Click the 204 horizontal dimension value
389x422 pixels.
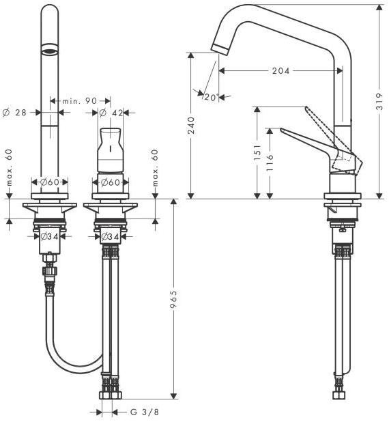coord(280,71)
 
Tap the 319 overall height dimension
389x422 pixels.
coord(379,102)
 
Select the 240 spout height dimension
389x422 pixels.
coord(190,126)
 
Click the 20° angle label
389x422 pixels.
coord(211,97)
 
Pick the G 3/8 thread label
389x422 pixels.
coord(145,412)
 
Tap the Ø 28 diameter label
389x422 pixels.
coord(14,113)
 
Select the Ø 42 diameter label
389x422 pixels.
coord(111,113)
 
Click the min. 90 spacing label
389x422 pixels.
coord(80,101)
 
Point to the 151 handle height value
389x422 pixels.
coord(257,152)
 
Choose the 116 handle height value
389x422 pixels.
coord(270,163)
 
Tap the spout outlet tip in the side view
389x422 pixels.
coord(220,50)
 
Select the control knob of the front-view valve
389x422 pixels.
coord(110,150)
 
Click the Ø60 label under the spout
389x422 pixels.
coord(50,182)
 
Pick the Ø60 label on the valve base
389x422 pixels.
coord(111,182)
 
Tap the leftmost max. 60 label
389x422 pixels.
coord(10,168)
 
